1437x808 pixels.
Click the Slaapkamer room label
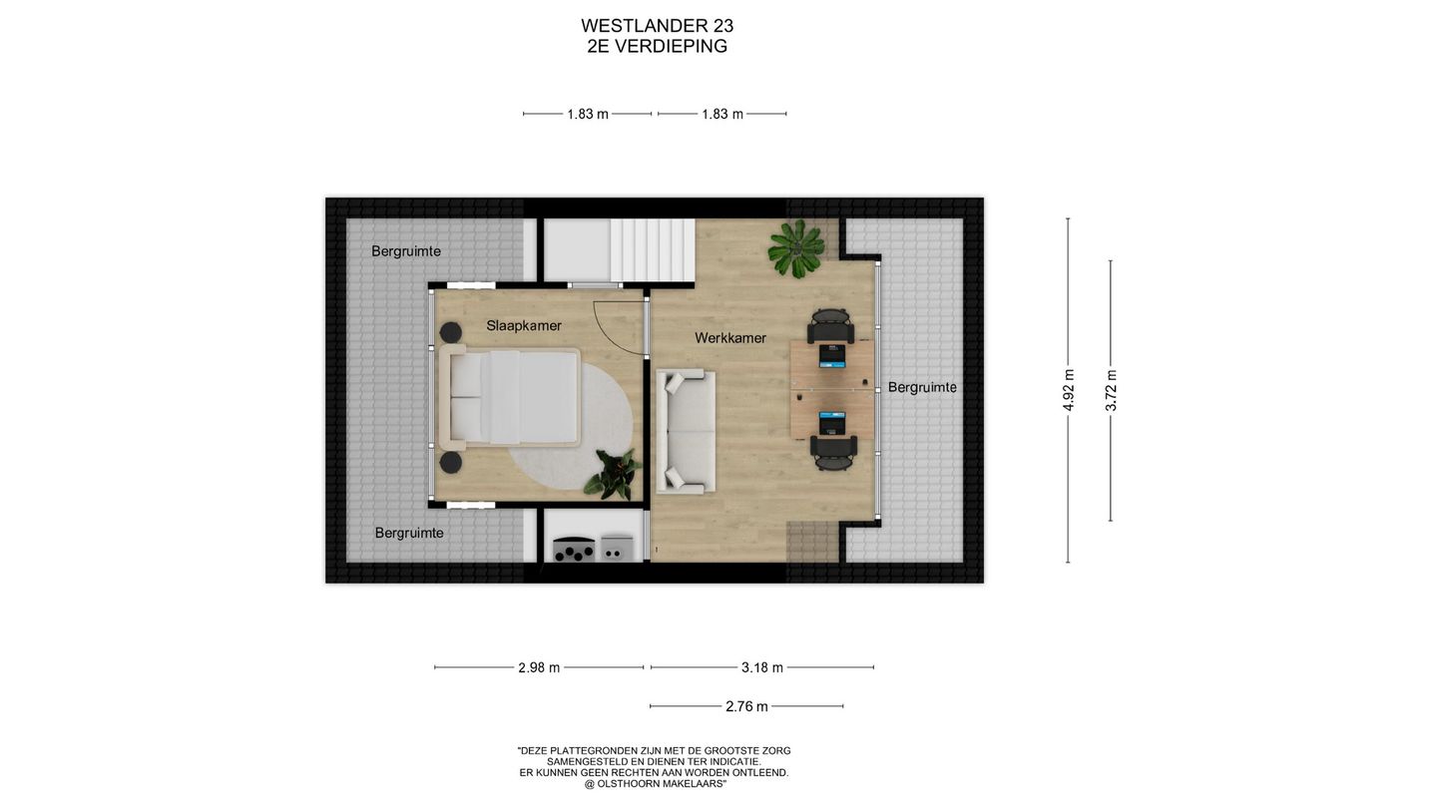523,325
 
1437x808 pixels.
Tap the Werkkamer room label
730,338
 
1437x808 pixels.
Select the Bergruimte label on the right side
921,387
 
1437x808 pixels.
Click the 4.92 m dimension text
1069,390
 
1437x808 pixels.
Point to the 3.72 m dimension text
1111,390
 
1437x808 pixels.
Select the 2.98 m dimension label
539,667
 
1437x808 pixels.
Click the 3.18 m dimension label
762,667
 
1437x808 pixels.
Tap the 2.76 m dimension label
746,706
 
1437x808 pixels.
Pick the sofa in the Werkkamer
686,431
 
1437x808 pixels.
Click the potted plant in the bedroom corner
613,473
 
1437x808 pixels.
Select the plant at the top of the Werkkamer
795,248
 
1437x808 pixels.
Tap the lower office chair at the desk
834,452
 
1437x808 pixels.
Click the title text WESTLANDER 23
657,26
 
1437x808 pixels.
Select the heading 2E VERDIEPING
657,47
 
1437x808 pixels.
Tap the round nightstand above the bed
450,332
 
